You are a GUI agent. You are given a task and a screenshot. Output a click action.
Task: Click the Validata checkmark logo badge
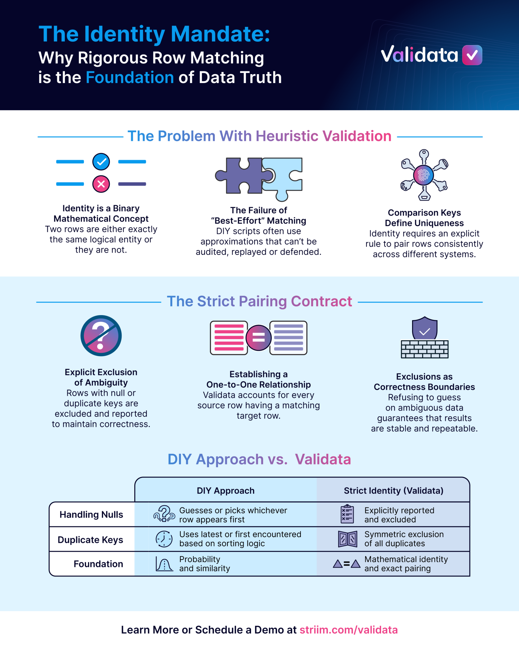[x=472, y=55]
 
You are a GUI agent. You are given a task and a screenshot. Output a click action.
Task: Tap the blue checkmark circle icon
[x=101, y=162]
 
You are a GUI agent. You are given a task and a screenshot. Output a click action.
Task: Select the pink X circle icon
[x=101, y=184]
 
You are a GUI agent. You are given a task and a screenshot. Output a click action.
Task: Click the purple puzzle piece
[x=241, y=175]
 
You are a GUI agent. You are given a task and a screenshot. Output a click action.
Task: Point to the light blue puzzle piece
[x=284, y=177]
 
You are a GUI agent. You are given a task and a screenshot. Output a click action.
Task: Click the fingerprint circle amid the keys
[x=424, y=175]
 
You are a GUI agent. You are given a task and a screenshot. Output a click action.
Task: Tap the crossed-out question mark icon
[x=101, y=336]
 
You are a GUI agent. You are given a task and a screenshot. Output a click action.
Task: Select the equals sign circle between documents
[x=258, y=338]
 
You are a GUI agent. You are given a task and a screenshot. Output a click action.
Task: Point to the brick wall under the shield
[x=424, y=349]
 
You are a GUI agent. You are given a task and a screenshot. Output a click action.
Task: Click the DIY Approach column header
[x=226, y=491]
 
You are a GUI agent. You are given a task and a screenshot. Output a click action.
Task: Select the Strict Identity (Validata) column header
[x=394, y=491]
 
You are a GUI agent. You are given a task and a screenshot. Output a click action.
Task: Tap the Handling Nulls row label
[x=91, y=515]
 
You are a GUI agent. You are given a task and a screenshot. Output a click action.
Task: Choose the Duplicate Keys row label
[x=90, y=540]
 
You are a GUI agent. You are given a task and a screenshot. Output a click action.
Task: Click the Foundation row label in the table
[x=98, y=564]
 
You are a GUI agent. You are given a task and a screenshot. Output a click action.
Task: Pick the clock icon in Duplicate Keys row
[x=164, y=539]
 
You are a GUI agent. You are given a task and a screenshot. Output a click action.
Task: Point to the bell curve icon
[x=164, y=563]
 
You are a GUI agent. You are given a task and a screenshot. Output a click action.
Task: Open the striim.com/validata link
[x=349, y=630]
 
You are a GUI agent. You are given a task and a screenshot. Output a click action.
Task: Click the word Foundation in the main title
[x=130, y=77]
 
